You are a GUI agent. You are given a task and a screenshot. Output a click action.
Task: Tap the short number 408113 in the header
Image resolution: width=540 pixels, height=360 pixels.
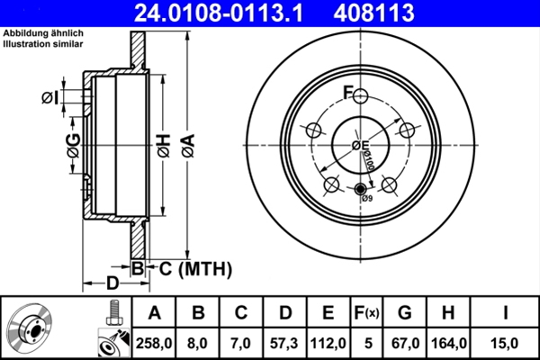(x=375, y=13)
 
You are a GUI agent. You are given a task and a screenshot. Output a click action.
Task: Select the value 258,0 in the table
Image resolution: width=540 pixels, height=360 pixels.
(x=154, y=341)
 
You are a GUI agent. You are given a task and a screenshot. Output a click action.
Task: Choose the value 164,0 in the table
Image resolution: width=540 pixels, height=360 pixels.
(x=449, y=341)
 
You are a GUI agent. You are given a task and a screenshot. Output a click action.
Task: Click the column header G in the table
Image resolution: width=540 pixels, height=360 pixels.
(x=405, y=312)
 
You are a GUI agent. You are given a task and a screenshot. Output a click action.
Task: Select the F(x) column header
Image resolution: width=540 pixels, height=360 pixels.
(x=366, y=312)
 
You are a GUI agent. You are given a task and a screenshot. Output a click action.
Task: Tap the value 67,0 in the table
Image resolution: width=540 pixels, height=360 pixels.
(x=405, y=341)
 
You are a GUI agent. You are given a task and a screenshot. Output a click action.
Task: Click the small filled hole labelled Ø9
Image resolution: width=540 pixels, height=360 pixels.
(x=360, y=189)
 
